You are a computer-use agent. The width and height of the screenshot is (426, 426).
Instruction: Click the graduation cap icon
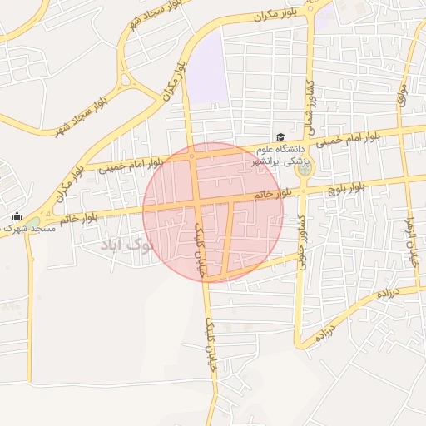pos(280,137)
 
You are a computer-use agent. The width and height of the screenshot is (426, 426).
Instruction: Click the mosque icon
pos(17,216)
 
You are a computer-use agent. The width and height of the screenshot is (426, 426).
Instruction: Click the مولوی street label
pos(402,97)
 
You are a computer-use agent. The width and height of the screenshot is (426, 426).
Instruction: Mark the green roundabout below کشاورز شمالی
pos(304,169)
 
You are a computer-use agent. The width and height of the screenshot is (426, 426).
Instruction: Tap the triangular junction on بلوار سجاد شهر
pos(127,82)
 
